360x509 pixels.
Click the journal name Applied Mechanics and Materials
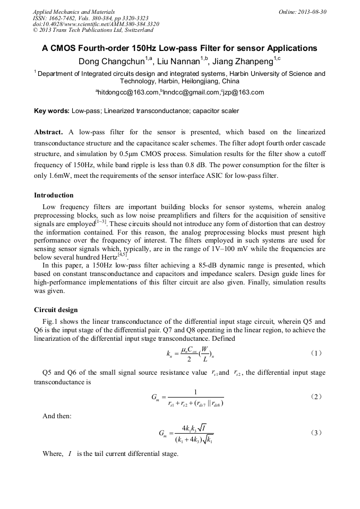click(x=74, y=12)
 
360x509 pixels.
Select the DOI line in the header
click(x=96, y=24)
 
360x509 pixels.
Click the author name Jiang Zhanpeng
click(x=244, y=62)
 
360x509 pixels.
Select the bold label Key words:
click(x=52, y=111)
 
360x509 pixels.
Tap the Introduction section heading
click(x=54, y=195)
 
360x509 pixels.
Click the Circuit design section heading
click(x=56, y=310)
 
